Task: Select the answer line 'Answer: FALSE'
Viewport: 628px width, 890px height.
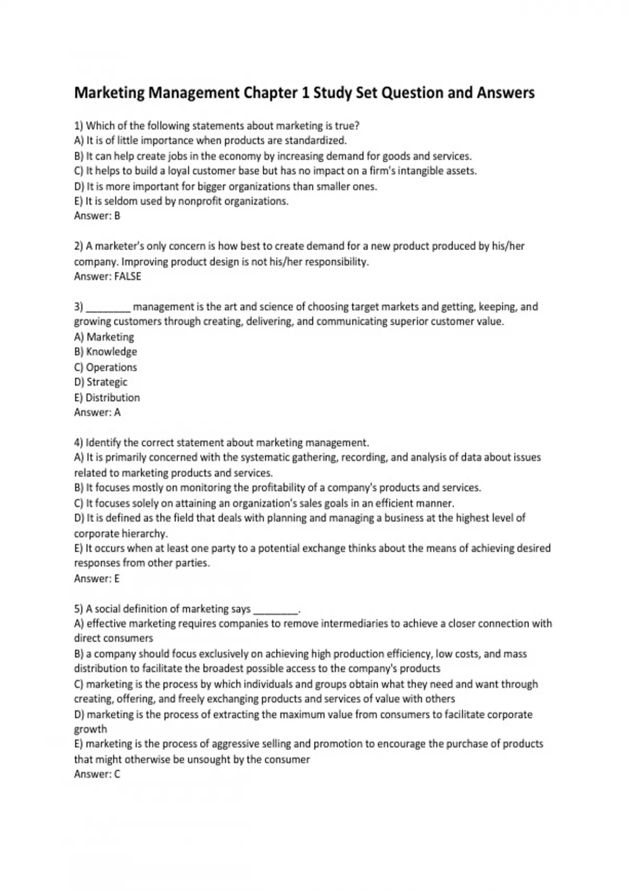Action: pyautogui.click(x=107, y=276)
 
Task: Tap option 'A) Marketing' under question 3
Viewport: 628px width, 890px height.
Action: pyautogui.click(x=104, y=337)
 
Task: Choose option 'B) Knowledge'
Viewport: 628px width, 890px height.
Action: pyautogui.click(x=105, y=352)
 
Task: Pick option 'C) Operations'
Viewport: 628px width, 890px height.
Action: pyautogui.click(x=105, y=367)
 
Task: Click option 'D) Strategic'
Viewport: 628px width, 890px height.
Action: pyautogui.click(x=100, y=382)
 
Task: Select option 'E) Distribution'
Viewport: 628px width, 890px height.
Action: pyautogui.click(x=107, y=397)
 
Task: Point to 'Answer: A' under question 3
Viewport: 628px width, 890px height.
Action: pyautogui.click(x=97, y=413)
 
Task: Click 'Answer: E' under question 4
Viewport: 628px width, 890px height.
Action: pyautogui.click(x=96, y=578)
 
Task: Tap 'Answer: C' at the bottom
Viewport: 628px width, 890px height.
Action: pyautogui.click(x=97, y=774)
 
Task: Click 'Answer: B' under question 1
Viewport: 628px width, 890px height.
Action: pyautogui.click(x=97, y=216)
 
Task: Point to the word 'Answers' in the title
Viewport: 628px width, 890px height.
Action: pyautogui.click(x=506, y=93)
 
